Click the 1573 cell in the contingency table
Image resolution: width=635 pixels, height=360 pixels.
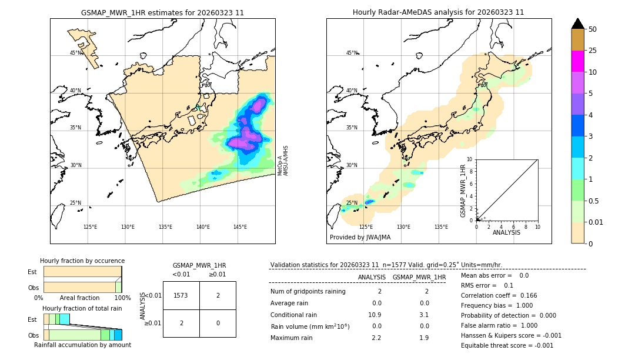(181, 295)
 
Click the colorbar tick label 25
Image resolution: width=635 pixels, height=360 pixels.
(593, 51)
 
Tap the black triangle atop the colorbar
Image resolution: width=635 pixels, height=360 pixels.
(578, 24)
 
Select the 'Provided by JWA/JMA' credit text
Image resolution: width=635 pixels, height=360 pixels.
(360, 237)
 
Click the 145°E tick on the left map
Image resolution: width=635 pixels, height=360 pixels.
(240, 227)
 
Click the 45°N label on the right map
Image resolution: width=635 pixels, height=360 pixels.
(352, 53)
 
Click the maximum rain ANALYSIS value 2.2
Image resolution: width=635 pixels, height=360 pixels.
(376, 338)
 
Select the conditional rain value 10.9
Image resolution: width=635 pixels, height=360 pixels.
(375, 315)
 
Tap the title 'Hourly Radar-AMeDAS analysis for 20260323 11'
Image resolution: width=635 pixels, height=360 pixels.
(438, 12)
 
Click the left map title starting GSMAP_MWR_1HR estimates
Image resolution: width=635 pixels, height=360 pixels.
(162, 12)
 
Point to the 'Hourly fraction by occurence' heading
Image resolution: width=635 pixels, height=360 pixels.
(82, 261)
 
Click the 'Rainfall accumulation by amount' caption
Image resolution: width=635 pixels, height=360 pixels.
(82, 345)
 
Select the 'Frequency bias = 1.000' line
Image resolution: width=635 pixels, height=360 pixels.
(496, 305)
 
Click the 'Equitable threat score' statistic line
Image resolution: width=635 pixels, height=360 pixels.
(507, 345)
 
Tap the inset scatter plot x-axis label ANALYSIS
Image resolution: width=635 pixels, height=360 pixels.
(507, 232)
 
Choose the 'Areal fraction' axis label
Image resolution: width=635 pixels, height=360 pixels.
(79, 298)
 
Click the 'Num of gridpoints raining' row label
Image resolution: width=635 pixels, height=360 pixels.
(308, 292)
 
